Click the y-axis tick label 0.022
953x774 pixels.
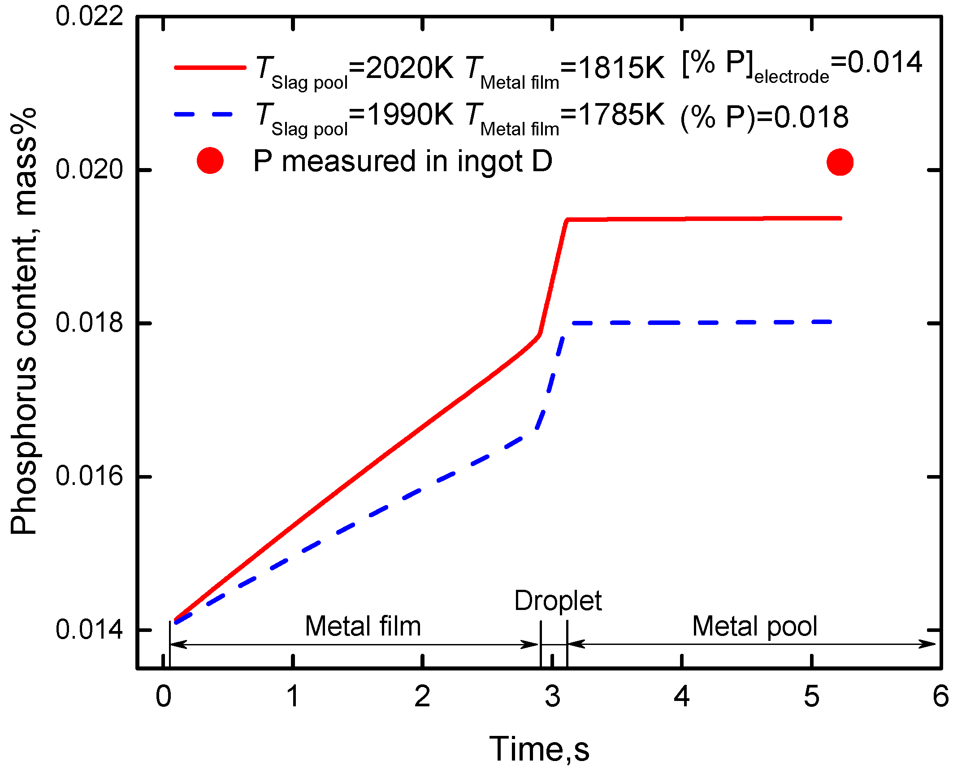click(89, 17)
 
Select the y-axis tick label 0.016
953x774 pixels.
click(89, 476)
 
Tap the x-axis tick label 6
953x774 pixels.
click(940, 697)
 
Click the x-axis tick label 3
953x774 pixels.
click(552, 697)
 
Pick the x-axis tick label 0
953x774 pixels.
click(163, 697)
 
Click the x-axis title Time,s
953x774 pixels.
click(539, 749)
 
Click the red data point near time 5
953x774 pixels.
click(840, 162)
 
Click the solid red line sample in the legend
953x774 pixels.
click(210, 68)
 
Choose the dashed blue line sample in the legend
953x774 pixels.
click(204, 114)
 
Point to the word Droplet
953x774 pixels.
click(558, 601)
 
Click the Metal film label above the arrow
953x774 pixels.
click(363, 626)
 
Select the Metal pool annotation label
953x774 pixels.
click(754, 626)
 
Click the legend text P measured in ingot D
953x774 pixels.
click(403, 161)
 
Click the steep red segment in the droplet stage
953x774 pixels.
click(553, 278)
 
